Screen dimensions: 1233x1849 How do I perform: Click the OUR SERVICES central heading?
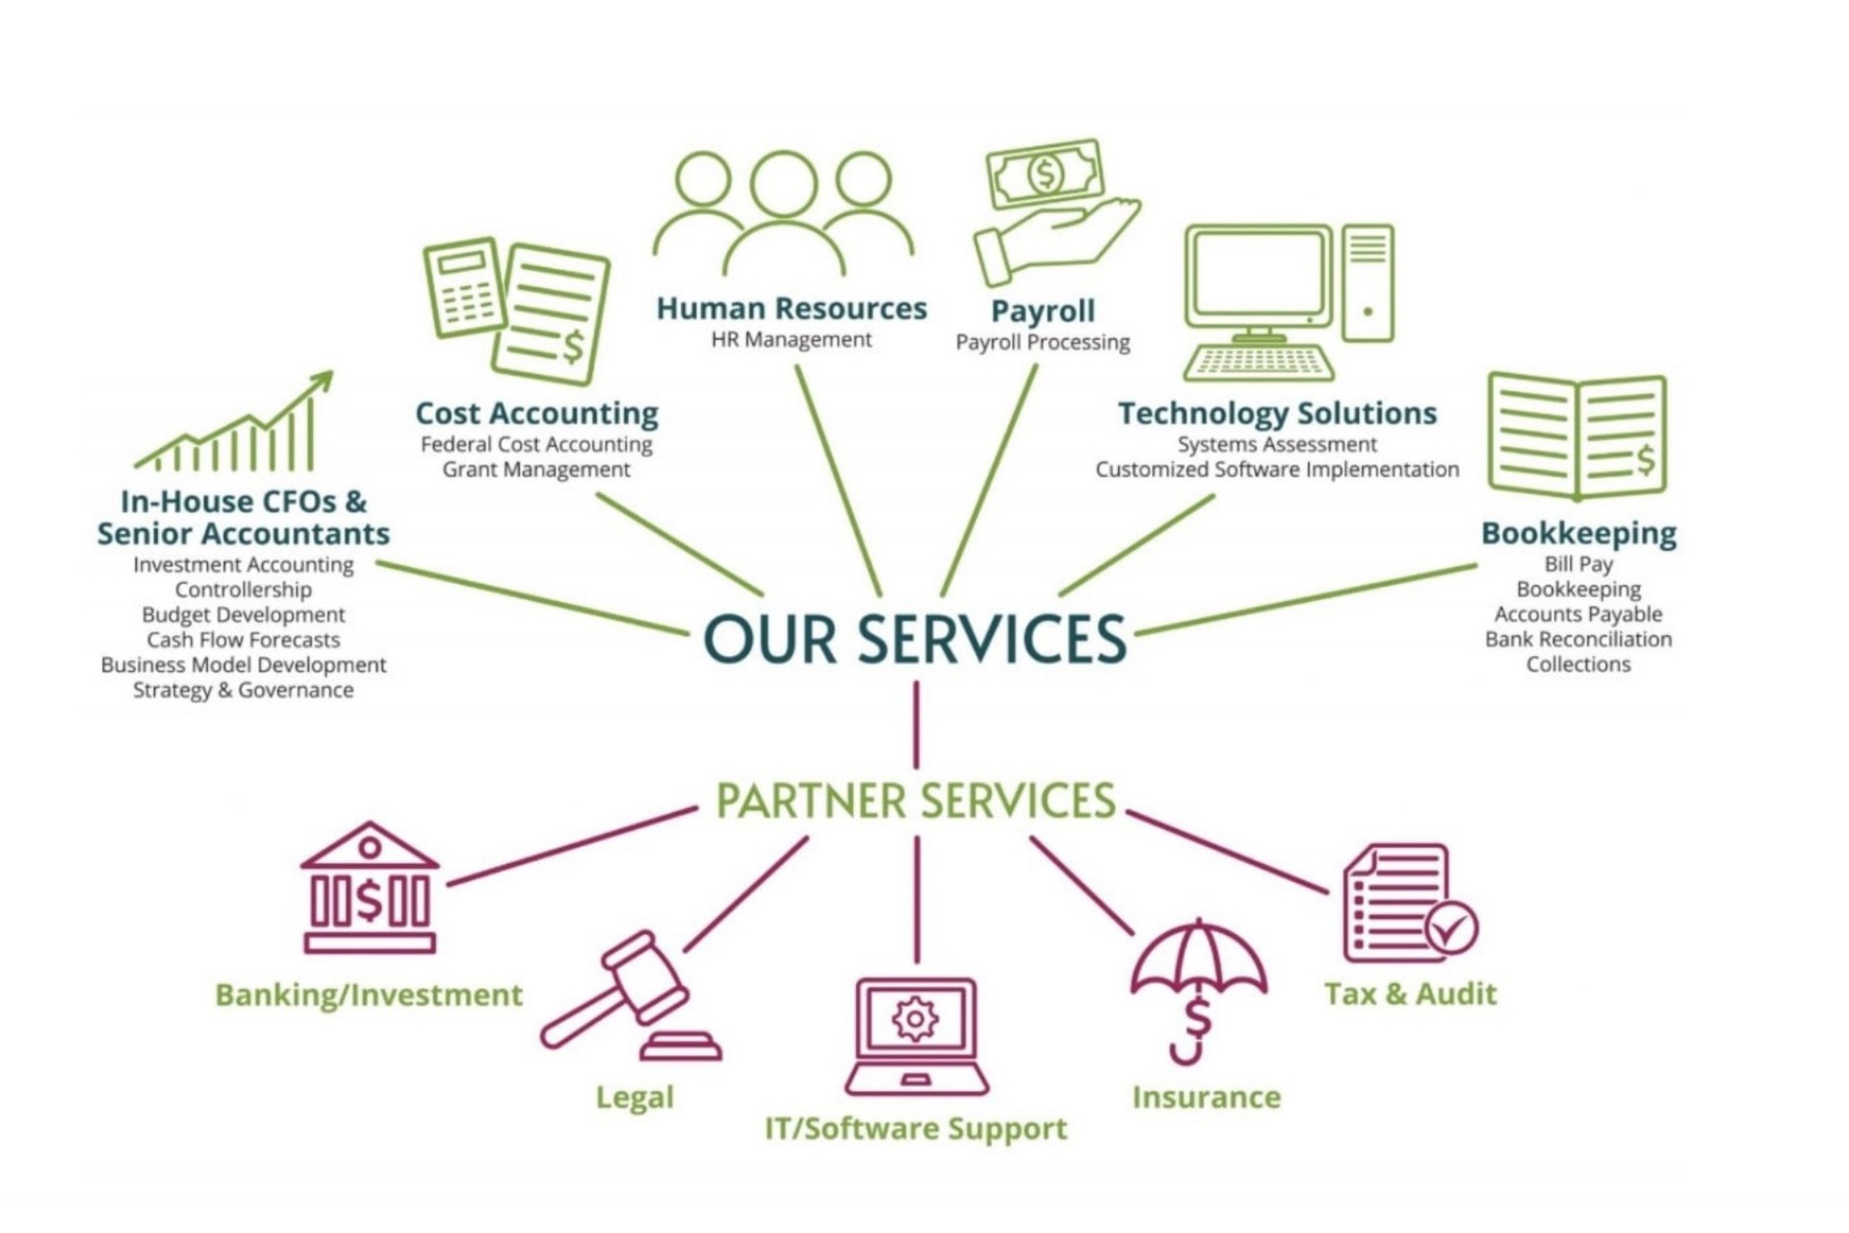[x=915, y=639]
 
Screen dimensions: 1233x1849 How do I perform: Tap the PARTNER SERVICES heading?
[x=915, y=801]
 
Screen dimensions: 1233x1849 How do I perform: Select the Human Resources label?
[x=791, y=308]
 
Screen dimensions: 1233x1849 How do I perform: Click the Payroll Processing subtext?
[x=1042, y=342]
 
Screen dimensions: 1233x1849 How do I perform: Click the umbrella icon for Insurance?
[x=1197, y=973]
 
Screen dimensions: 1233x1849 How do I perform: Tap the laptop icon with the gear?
[x=916, y=1036]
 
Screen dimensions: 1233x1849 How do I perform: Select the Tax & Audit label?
[x=1410, y=993]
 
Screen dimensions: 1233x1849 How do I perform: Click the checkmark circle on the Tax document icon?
[x=1452, y=928]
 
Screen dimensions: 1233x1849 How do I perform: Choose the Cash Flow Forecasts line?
[x=243, y=640]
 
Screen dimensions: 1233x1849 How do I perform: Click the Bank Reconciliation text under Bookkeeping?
[x=1577, y=639]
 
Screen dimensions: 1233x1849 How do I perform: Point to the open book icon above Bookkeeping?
[x=1576, y=436]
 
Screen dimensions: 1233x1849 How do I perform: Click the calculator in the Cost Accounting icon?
[x=465, y=289]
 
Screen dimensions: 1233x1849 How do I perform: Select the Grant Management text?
[x=536, y=469]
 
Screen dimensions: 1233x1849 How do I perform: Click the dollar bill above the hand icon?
[x=1044, y=174]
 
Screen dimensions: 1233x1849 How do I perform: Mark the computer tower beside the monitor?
[x=1367, y=283]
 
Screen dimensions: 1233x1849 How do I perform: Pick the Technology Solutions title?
[x=1277, y=413]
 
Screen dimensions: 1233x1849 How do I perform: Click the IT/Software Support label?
[x=915, y=1128]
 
